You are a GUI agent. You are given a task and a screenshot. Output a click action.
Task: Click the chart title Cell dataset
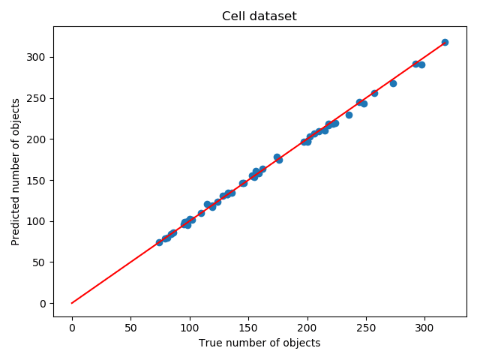click(x=259, y=16)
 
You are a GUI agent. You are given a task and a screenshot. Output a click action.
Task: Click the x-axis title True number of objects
click(x=259, y=343)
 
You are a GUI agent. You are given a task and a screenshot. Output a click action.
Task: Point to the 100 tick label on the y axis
click(x=37, y=221)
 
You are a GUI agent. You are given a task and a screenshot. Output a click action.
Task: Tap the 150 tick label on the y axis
click(x=37, y=180)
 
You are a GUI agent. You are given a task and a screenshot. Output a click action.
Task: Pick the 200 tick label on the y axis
click(x=37, y=139)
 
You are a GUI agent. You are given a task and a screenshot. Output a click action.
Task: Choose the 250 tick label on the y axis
click(x=37, y=98)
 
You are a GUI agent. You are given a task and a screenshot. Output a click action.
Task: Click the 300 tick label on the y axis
click(x=37, y=57)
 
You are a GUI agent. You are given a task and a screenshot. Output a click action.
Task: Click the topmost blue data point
click(x=445, y=43)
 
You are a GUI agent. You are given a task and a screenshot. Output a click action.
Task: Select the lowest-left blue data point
click(x=159, y=242)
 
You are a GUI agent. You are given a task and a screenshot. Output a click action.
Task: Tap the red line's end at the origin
click(x=72, y=303)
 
